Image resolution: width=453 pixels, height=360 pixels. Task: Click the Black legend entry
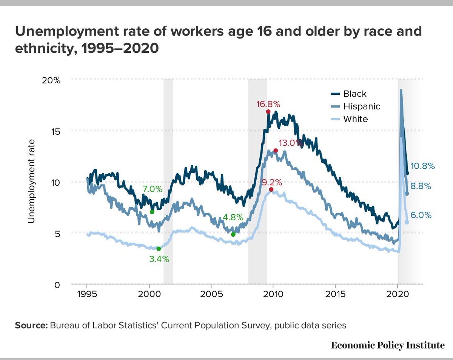point(355,94)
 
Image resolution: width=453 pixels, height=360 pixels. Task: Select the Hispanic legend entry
point(361,106)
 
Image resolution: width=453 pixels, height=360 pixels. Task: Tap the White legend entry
point(355,119)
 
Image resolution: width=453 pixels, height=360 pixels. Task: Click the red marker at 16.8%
point(268,112)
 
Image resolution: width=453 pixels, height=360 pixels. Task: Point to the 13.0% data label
point(290,143)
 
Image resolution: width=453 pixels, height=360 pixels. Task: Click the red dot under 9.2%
point(271,189)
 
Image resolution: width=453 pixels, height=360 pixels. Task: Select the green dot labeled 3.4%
point(159,249)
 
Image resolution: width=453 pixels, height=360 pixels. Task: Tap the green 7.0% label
point(152,189)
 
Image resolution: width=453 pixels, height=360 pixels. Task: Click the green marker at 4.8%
point(233,234)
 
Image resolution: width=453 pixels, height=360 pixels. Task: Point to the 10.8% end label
point(423,166)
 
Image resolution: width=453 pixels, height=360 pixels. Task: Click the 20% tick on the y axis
point(51,80)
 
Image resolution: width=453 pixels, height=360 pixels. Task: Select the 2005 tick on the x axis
point(211,295)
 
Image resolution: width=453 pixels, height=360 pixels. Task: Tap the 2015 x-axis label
point(335,295)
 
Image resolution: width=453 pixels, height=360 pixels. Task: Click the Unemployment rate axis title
point(31,181)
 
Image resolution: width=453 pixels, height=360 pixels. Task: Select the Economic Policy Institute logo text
point(387,345)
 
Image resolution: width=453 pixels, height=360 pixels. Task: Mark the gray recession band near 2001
point(168,181)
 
